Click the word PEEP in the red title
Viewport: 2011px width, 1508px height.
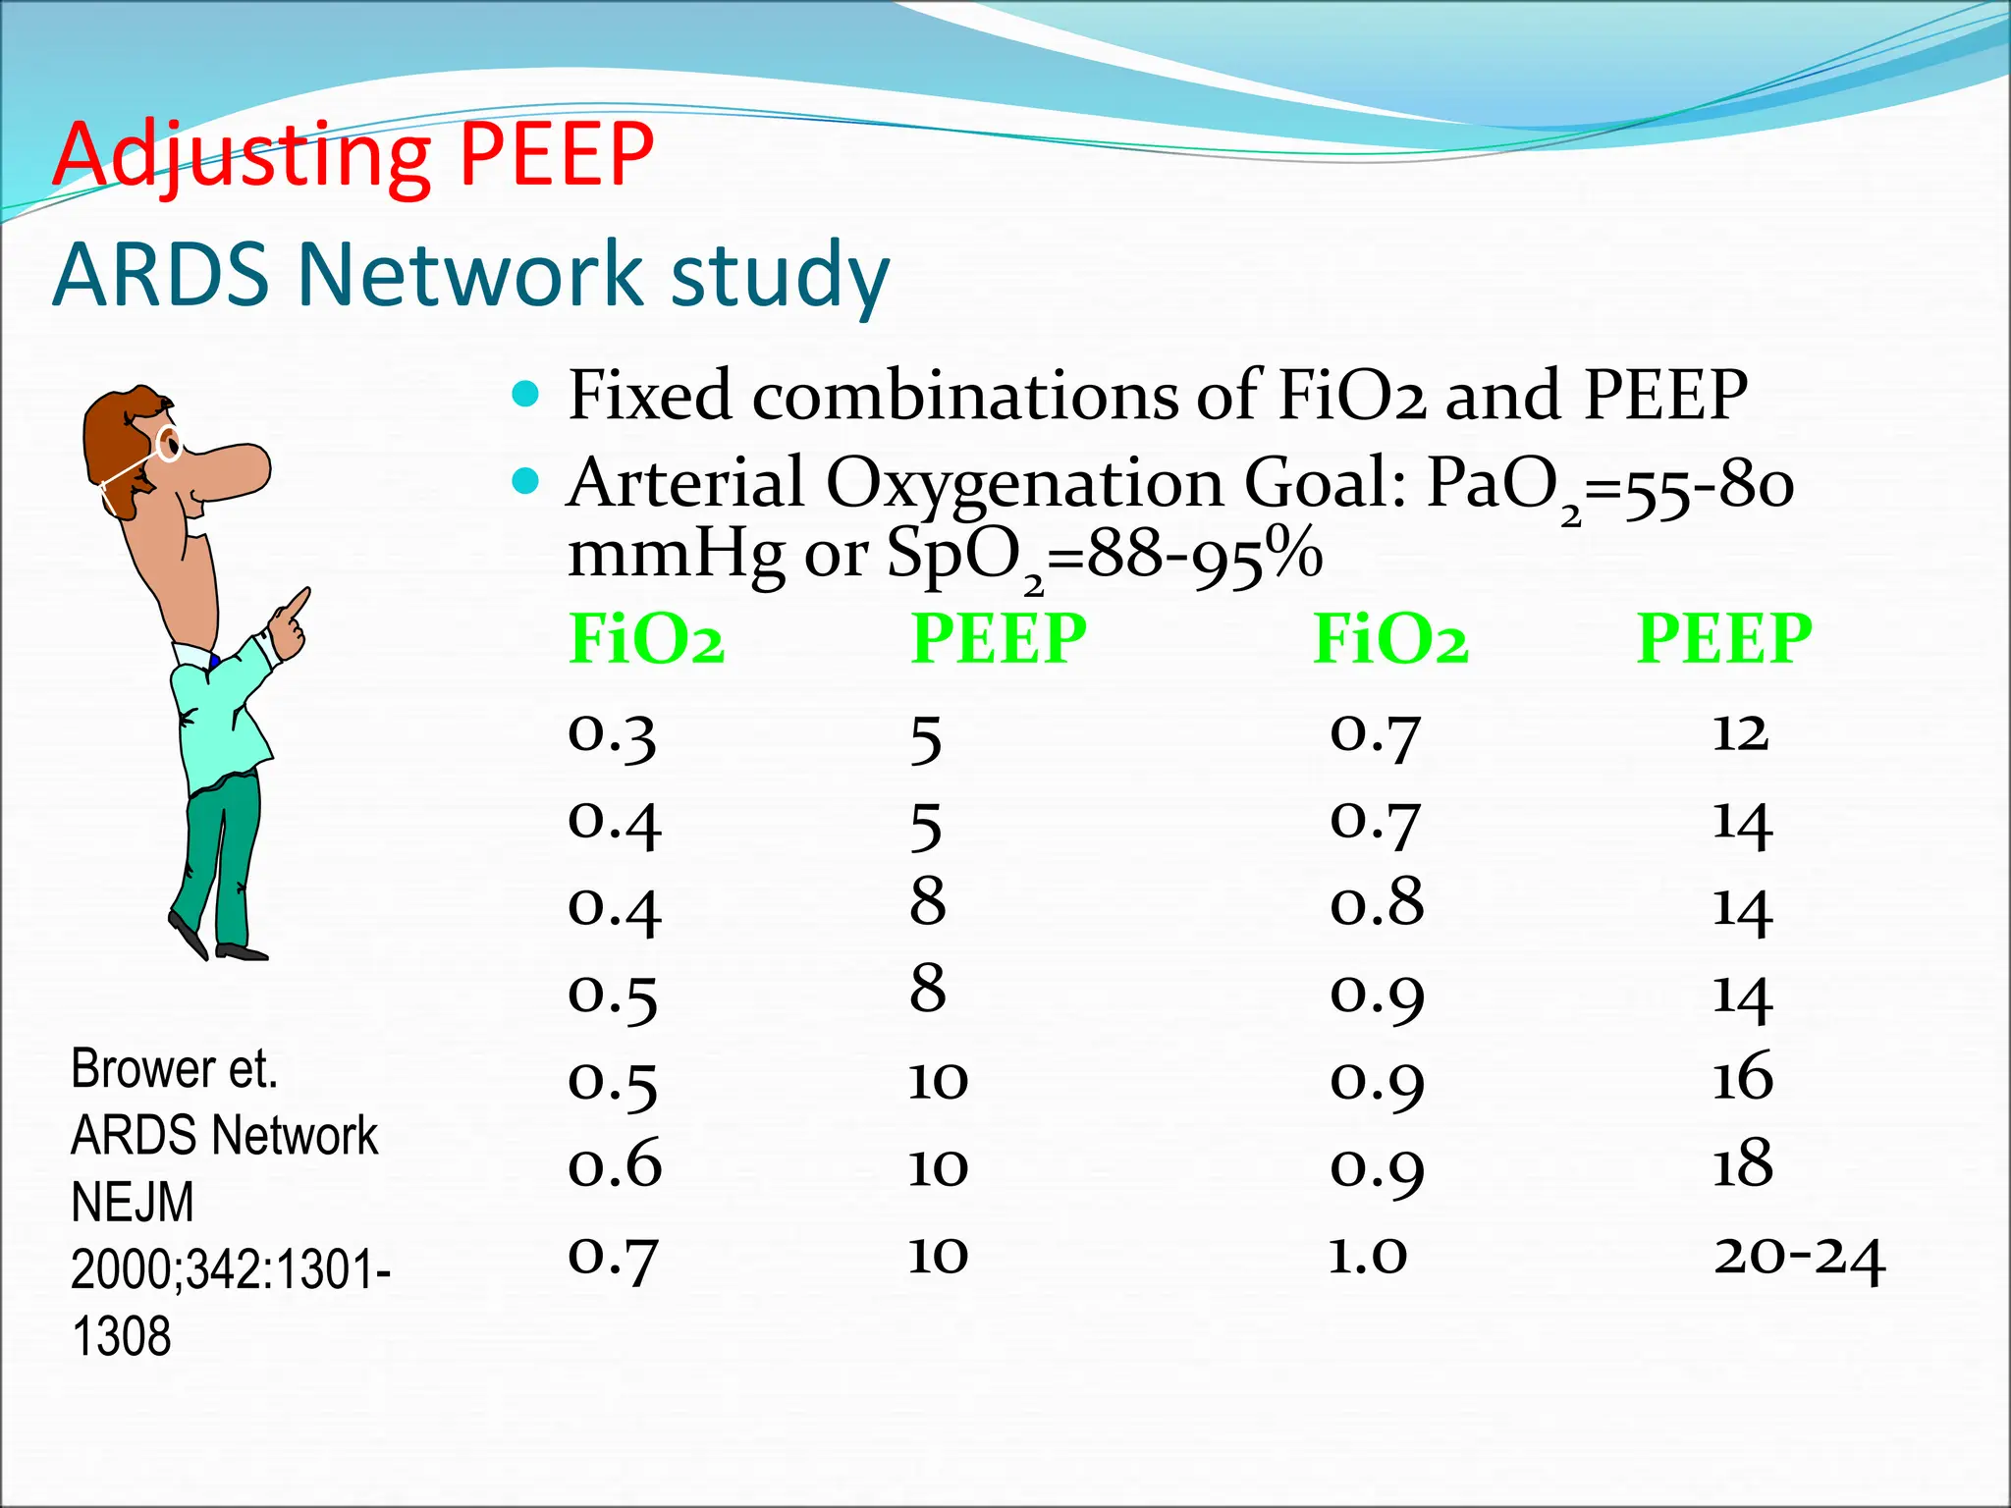(x=556, y=154)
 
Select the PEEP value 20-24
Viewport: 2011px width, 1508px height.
(x=1799, y=1257)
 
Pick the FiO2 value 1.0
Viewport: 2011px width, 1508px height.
(x=1368, y=1255)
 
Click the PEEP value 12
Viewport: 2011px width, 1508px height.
(x=1740, y=732)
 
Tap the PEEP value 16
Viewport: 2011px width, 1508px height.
(x=1742, y=1077)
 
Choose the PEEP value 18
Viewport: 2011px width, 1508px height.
(x=1742, y=1163)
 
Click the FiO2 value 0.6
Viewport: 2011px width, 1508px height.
(x=615, y=1164)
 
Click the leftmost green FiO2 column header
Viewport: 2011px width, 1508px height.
(x=646, y=639)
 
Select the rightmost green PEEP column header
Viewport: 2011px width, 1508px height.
(x=1723, y=639)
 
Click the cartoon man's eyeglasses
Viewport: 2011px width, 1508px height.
(x=168, y=444)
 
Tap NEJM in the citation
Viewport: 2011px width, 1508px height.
(x=133, y=1202)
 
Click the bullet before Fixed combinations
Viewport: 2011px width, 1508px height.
(x=526, y=395)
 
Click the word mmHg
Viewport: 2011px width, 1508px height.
(x=676, y=554)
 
